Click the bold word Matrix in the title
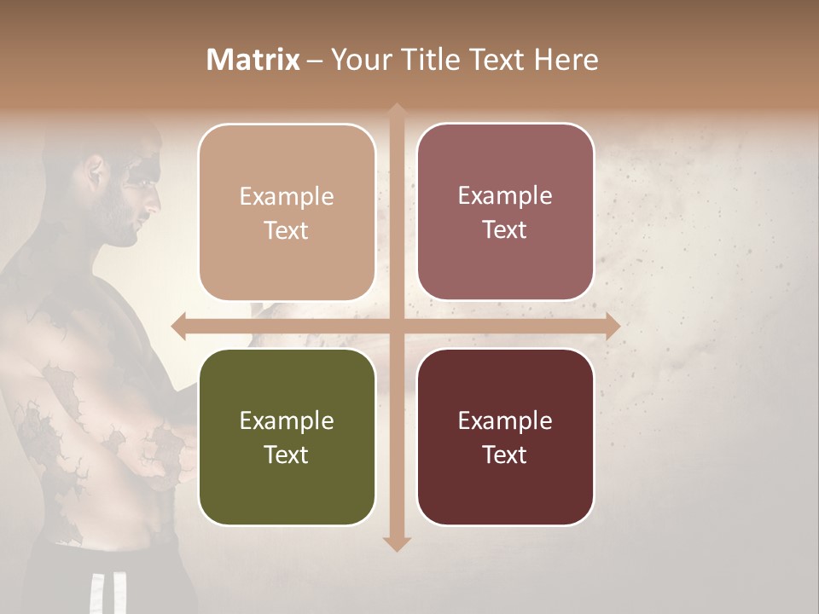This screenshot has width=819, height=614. (x=253, y=60)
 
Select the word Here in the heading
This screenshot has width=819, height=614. (x=566, y=60)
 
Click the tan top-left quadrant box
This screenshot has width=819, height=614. (x=287, y=212)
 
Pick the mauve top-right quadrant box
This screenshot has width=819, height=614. (x=505, y=212)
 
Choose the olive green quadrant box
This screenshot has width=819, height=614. (x=287, y=437)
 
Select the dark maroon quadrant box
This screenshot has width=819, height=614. (x=505, y=437)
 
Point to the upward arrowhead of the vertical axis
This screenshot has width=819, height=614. (x=396, y=111)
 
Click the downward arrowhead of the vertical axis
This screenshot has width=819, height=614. (x=396, y=543)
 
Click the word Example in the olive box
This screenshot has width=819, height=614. (x=287, y=420)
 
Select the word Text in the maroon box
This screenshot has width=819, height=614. (x=505, y=455)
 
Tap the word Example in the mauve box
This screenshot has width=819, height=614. (x=505, y=196)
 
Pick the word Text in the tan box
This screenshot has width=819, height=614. (x=287, y=230)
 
